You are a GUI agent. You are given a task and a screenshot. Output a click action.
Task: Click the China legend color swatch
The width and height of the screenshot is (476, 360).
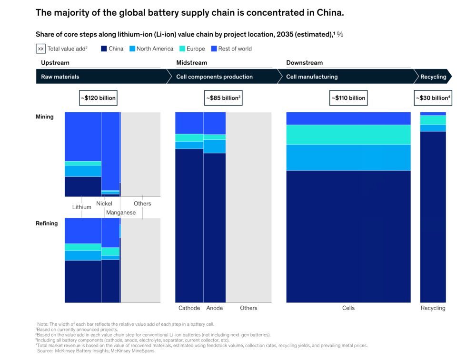[104, 49]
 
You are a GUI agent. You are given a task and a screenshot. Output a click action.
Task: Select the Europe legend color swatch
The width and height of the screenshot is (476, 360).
[182, 49]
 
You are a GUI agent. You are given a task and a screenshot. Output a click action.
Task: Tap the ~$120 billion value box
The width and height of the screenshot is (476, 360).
[98, 98]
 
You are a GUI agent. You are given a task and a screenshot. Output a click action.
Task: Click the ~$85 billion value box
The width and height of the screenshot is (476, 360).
[223, 98]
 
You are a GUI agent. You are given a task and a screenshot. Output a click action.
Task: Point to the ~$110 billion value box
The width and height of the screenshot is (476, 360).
[348, 98]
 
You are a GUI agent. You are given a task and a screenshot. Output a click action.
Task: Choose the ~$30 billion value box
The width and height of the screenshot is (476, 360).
[433, 98]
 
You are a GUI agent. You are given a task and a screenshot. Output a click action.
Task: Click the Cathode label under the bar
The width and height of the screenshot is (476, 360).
[189, 308]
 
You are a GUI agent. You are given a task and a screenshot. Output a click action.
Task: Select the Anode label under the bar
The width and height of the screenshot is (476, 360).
[215, 308]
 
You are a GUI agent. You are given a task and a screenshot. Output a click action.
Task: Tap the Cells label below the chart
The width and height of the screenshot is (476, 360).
[348, 308]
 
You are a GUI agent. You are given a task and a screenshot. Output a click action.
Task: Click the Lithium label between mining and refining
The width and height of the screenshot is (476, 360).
[82, 207]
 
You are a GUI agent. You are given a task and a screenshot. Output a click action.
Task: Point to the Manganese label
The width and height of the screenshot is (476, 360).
[121, 213]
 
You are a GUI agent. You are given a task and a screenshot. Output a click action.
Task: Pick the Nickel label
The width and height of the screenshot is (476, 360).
[104, 204]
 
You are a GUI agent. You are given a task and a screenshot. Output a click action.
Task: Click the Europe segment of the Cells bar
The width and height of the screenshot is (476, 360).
[348, 135]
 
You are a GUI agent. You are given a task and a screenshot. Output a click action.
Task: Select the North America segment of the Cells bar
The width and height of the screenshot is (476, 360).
[348, 157]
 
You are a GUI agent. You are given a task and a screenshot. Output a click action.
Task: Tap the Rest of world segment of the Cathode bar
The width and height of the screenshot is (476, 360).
[189, 123]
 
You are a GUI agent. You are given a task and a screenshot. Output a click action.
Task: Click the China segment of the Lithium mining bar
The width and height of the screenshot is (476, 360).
[83, 186]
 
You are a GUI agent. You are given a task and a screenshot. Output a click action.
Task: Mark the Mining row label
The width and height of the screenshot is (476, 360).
[45, 117]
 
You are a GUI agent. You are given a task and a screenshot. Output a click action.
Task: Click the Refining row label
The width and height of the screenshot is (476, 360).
[47, 224]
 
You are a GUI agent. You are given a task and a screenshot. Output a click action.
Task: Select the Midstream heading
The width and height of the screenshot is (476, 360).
[192, 63]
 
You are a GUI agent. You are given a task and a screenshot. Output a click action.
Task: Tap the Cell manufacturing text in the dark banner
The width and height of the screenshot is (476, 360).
[312, 77]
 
